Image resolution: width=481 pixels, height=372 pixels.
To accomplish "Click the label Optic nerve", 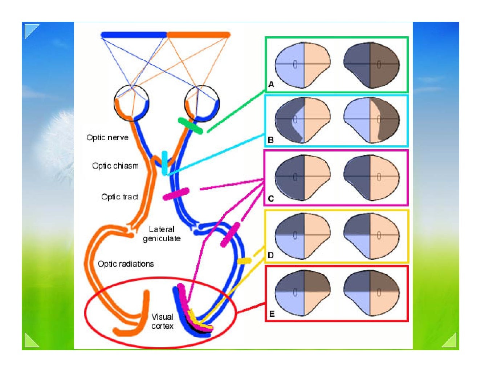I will pyautogui.click(x=107, y=138).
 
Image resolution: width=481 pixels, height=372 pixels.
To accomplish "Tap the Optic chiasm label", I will pyautogui.click(x=115, y=166).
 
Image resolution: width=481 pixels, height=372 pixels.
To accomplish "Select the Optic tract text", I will pyautogui.click(x=120, y=197).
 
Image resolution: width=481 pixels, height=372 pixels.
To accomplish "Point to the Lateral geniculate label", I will pyautogui.click(x=162, y=234).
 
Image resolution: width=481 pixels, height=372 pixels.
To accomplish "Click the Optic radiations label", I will pyautogui.click(x=126, y=264).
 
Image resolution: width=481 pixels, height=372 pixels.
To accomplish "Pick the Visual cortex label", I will pyautogui.click(x=162, y=322).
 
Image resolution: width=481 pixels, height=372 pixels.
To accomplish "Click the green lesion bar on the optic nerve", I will pyautogui.click(x=190, y=126).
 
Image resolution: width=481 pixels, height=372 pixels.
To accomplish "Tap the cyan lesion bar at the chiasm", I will pyautogui.click(x=165, y=162).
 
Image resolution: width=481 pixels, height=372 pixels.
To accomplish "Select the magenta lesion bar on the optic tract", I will pyautogui.click(x=176, y=194).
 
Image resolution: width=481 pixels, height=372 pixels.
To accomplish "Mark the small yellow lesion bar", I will pyautogui.click(x=244, y=260).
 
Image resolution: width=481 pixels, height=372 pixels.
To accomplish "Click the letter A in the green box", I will pyautogui.click(x=271, y=85).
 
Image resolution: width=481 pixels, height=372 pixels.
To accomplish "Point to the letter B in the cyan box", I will pyautogui.click(x=270, y=140).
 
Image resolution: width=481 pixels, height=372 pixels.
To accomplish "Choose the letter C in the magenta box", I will pyautogui.click(x=271, y=199).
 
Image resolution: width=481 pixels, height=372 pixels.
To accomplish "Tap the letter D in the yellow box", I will pyautogui.click(x=270, y=255).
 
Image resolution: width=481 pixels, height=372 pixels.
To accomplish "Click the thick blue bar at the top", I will pyautogui.click(x=134, y=35).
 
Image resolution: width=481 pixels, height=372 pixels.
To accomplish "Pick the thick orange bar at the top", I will pyautogui.click(x=199, y=35).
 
